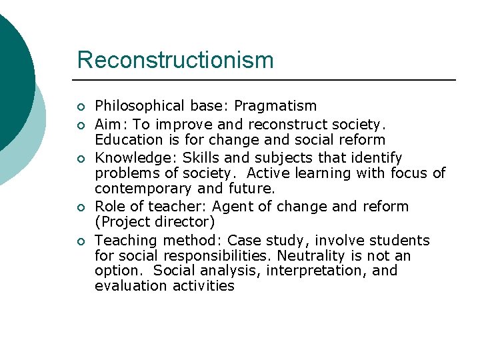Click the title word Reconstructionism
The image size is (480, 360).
coord(175,60)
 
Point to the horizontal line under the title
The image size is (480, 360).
coord(267,80)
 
